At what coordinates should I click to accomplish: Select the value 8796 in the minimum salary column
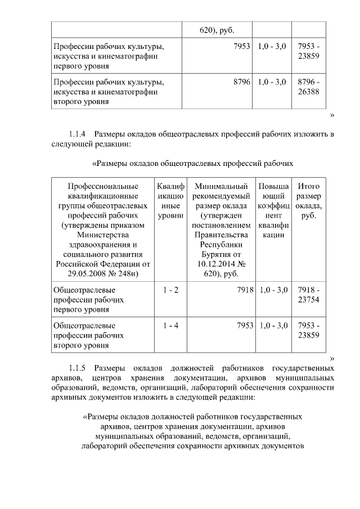pos(241,82)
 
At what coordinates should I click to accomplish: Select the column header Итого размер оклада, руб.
pos(308,201)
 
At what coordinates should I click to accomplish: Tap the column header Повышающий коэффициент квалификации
pos(273,210)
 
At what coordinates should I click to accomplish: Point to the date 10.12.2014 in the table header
pos(211,263)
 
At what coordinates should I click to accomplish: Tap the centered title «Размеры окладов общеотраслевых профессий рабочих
pos(192,164)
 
